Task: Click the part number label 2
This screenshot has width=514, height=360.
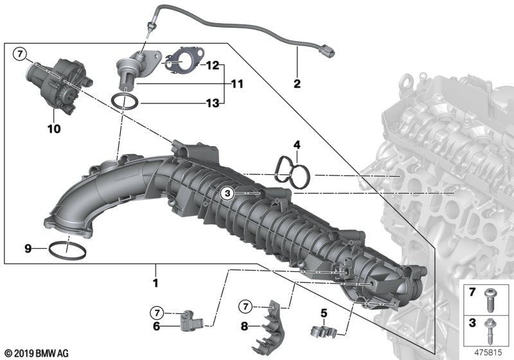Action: pyautogui.click(x=297, y=84)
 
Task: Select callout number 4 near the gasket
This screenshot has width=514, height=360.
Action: pyautogui.click(x=297, y=144)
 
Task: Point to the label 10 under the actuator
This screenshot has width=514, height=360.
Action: pyautogui.click(x=53, y=129)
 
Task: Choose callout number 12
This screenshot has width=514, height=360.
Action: pyautogui.click(x=213, y=65)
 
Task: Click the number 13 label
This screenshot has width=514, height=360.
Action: pyautogui.click(x=213, y=102)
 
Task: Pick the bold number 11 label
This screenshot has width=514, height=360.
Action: pyautogui.click(x=238, y=84)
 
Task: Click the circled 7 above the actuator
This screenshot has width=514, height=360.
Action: pyautogui.click(x=20, y=53)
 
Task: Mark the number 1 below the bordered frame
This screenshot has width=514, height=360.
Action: pyautogui.click(x=155, y=282)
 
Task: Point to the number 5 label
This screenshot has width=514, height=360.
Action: pyautogui.click(x=324, y=314)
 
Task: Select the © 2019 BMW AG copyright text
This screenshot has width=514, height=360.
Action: pyautogui.click(x=36, y=353)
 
